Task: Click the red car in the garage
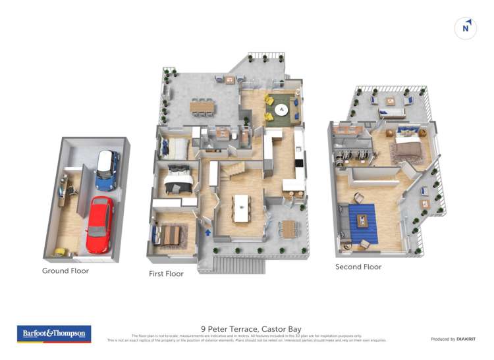99,224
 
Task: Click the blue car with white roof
106,170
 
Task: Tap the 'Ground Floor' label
65,270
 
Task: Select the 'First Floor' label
166,273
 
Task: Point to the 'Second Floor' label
358,267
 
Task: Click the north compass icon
466,28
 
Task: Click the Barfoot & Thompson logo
54,334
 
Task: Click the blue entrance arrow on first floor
209,232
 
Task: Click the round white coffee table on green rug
281,111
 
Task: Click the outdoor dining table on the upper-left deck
202,106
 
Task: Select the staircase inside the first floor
233,173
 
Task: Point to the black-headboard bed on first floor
177,178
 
